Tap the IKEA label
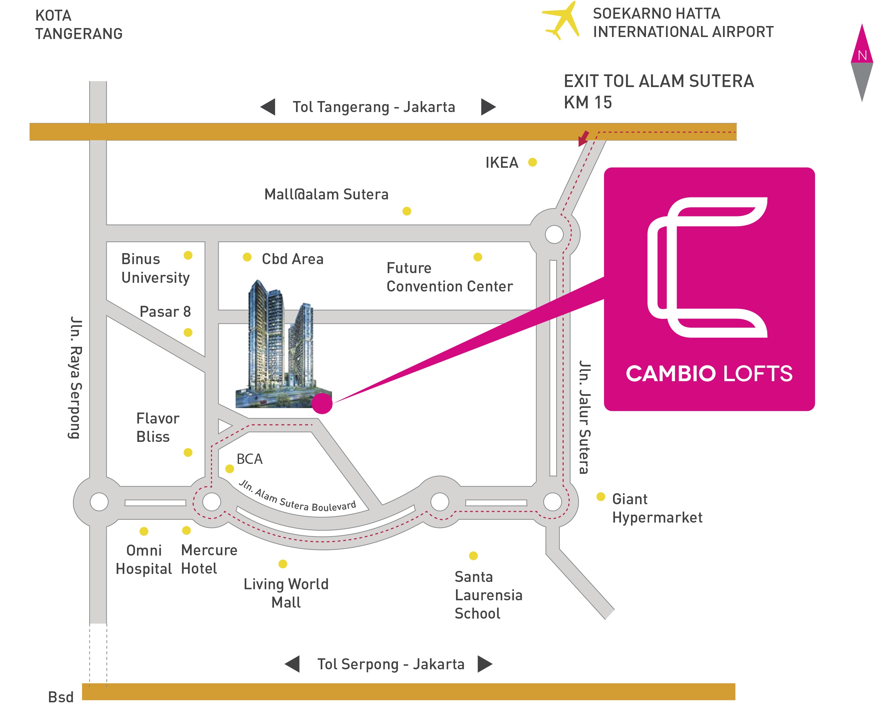click(x=501, y=163)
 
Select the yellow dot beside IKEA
click(x=533, y=162)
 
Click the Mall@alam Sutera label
click(x=326, y=194)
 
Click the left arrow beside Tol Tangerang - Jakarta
click(x=268, y=107)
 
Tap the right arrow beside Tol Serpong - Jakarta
click(x=485, y=664)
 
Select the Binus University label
click(x=155, y=268)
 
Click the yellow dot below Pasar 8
click(x=188, y=332)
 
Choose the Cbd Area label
click(x=292, y=259)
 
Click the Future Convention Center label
click(x=449, y=277)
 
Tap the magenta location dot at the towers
click(x=322, y=404)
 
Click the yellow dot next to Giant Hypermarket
click(x=601, y=497)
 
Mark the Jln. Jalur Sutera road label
click(x=585, y=417)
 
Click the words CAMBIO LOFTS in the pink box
click(x=709, y=374)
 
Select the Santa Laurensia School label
click(x=488, y=595)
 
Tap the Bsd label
click(x=61, y=697)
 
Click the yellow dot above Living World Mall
click(x=283, y=564)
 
